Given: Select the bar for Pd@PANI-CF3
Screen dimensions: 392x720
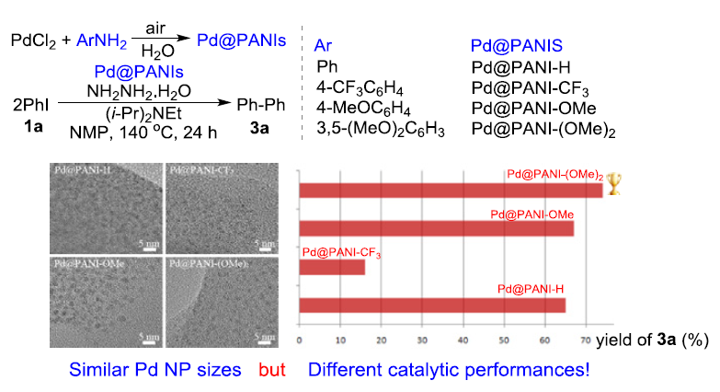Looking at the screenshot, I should (x=332, y=267).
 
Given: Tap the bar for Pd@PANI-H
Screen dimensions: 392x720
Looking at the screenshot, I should (x=432, y=306).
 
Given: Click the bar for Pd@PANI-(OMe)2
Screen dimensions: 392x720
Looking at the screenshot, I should (x=451, y=190).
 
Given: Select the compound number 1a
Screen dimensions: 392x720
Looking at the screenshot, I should (x=28, y=127).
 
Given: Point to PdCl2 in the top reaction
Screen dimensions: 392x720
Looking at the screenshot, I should (x=34, y=41).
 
